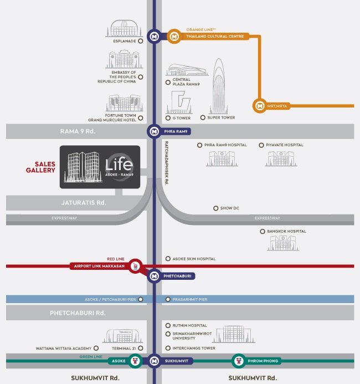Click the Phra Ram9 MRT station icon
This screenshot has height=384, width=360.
click(x=154, y=131)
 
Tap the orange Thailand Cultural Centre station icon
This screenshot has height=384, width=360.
click(x=174, y=37)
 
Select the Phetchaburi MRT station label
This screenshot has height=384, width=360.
click(x=177, y=276)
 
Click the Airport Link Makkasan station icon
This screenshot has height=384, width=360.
click(x=135, y=266)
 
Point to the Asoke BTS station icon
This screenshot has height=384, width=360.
click(x=135, y=361)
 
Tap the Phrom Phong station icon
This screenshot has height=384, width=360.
click(x=239, y=361)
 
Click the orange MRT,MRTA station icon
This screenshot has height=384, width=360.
click(x=260, y=106)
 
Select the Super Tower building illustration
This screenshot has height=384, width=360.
click(x=219, y=86)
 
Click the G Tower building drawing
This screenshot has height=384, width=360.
click(x=179, y=102)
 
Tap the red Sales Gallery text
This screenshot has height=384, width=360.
click(x=40, y=167)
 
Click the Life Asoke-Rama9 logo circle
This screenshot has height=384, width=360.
click(x=120, y=167)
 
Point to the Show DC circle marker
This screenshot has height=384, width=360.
click(x=215, y=208)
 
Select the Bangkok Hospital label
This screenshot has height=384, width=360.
click(x=286, y=231)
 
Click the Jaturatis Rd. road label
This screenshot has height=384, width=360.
click(x=84, y=203)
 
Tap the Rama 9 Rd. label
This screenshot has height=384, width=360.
click(x=78, y=131)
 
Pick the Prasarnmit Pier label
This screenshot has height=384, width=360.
click(x=190, y=299)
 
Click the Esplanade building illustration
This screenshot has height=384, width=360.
click(x=124, y=28)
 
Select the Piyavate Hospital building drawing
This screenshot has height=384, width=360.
click(x=281, y=158)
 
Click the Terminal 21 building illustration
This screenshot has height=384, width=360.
click(x=123, y=336)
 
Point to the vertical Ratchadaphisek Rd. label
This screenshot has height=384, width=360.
click(x=167, y=163)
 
